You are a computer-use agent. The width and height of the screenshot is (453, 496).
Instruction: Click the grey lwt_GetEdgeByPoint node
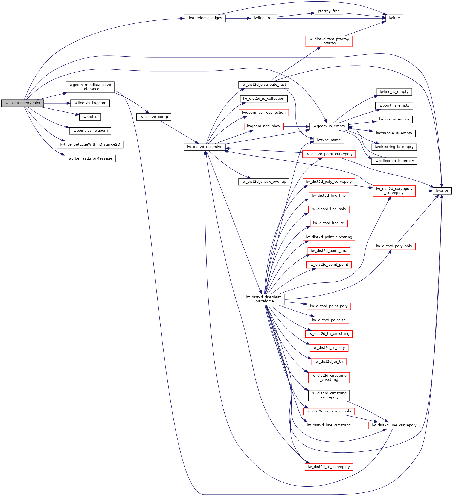(x=22, y=103)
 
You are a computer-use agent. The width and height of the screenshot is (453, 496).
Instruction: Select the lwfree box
(x=394, y=18)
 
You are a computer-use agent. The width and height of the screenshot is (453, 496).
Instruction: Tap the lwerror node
(x=442, y=191)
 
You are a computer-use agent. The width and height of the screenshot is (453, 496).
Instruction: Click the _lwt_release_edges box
(x=205, y=18)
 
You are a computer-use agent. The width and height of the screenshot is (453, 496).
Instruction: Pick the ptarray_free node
(x=329, y=11)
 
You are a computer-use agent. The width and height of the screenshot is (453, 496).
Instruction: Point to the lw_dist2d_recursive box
(x=205, y=147)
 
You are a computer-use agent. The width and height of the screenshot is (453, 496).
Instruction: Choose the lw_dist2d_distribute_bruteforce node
(x=264, y=299)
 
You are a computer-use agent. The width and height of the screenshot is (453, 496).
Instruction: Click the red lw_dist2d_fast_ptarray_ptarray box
(x=329, y=41)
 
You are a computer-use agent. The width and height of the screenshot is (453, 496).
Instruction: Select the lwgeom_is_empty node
(x=329, y=126)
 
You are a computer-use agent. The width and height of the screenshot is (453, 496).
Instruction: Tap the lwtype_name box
(x=329, y=140)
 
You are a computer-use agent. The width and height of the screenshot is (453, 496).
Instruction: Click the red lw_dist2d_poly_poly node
(x=394, y=246)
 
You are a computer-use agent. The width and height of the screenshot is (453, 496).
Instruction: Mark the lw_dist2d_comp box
(x=153, y=117)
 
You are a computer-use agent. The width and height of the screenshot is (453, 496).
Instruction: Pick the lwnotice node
(x=90, y=117)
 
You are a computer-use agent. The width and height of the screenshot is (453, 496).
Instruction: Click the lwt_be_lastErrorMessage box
(x=90, y=158)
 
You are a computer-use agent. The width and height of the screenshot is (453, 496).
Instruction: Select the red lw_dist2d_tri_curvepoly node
(x=329, y=467)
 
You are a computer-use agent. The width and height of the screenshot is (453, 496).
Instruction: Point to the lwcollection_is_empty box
(x=394, y=161)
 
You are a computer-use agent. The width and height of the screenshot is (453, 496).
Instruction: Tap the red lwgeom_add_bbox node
(x=264, y=126)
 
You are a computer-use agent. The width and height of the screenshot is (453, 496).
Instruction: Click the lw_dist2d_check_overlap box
(x=264, y=182)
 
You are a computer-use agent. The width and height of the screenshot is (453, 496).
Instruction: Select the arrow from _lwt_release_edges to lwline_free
(x=238, y=18)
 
